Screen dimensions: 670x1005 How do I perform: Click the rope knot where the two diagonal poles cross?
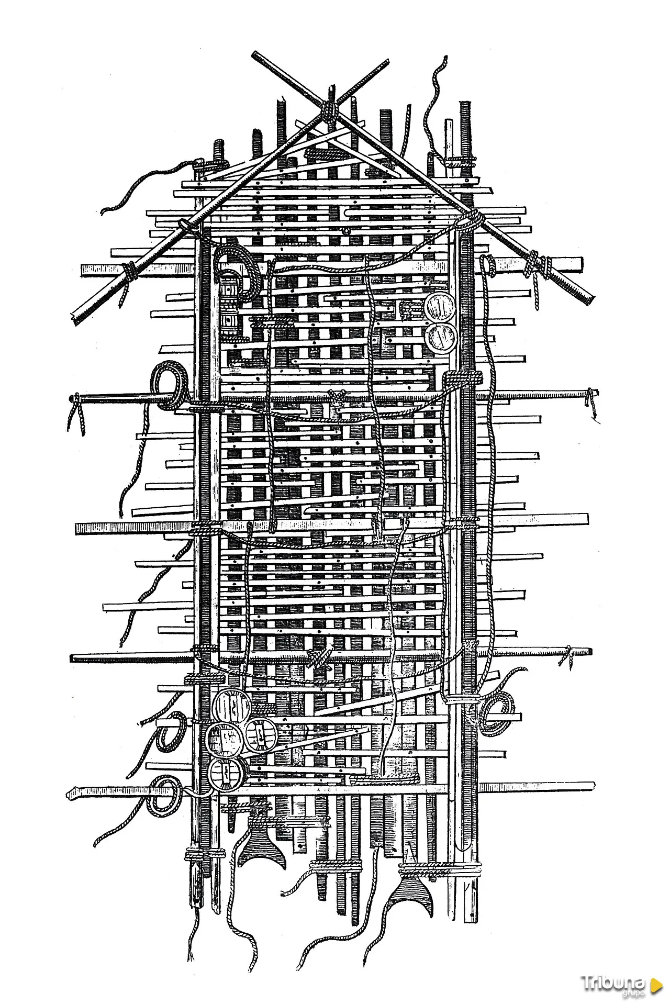329,110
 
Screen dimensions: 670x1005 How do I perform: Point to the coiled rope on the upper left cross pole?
170,386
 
